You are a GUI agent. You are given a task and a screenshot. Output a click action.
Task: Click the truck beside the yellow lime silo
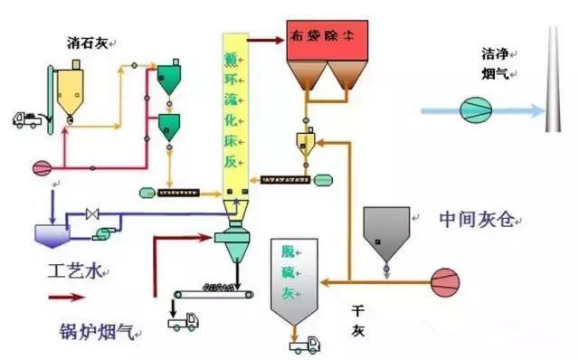29,118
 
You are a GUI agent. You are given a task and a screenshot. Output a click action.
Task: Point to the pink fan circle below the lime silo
42,167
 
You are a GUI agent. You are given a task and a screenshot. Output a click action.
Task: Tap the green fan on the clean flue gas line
473,110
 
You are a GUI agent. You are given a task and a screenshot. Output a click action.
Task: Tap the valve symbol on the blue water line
90,214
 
